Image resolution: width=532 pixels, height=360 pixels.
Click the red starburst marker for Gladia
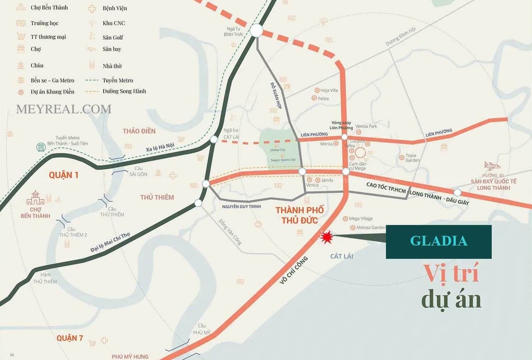tap(326, 237)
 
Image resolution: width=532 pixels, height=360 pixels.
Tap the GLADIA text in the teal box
tap(438, 241)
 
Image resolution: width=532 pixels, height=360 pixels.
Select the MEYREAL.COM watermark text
tap(64, 109)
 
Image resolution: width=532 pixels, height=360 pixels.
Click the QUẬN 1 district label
tap(64, 175)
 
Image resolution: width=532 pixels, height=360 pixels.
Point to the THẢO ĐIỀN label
tap(139, 131)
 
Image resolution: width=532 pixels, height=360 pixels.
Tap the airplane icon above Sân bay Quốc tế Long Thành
tap(492, 166)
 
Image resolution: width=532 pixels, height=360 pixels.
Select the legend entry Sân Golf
tap(113, 37)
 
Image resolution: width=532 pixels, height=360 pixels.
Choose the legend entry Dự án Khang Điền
tap(53, 92)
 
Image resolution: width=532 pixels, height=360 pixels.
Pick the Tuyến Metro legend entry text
tap(118, 81)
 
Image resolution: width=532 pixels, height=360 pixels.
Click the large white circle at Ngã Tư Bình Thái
tap(256, 31)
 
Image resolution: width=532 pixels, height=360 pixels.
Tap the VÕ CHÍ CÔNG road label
tap(294, 270)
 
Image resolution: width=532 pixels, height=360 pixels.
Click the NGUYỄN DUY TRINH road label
tap(241, 207)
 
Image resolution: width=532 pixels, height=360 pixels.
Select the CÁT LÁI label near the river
tap(341, 256)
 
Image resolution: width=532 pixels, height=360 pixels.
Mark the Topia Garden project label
tap(412, 158)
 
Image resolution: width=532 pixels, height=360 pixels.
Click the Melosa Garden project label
tap(370, 228)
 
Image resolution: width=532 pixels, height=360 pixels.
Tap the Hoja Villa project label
tap(329, 90)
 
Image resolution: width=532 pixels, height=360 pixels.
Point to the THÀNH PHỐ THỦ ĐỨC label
tap(300, 215)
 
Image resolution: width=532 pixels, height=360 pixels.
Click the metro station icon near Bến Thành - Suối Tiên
tap(41, 147)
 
